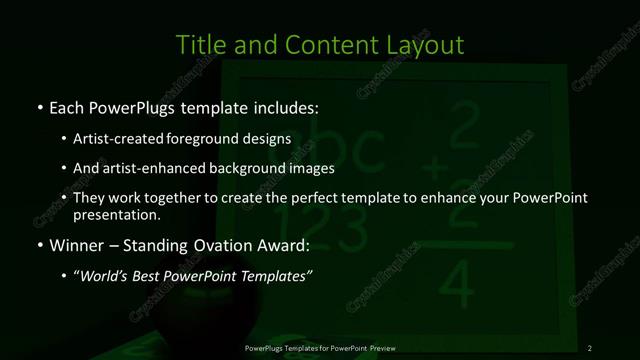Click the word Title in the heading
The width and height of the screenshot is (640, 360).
(x=199, y=45)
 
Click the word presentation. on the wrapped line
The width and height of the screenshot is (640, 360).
(x=116, y=214)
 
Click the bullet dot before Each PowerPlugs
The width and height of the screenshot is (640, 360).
(x=39, y=107)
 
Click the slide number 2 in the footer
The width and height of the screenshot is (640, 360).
(x=590, y=348)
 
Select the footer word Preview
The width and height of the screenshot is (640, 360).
(x=380, y=348)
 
